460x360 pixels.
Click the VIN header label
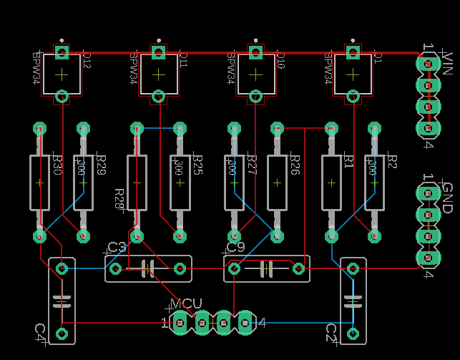pyautogui.click(x=448, y=62)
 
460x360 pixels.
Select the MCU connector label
pyautogui.click(x=186, y=304)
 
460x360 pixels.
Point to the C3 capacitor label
pyautogui.click(x=117, y=248)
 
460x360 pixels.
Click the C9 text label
pyautogui.click(x=235, y=248)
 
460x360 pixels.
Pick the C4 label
pyautogui.click(x=40, y=331)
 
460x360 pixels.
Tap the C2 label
pyautogui.click(x=331, y=332)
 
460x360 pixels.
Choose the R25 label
pyautogui.click(x=198, y=165)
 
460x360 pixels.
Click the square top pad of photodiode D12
pyautogui.click(x=62, y=52)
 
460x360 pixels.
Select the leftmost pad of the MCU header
pyautogui.click(x=180, y=323)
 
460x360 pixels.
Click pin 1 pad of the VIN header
pyautogui.click(x=428, y=63)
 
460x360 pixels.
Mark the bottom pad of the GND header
pyautogui.click(x=428, y=258)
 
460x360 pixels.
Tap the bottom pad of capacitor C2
pyautogui.click(x=352, y=333)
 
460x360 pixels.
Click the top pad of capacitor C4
pyautogui.click(x=62, y=268)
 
